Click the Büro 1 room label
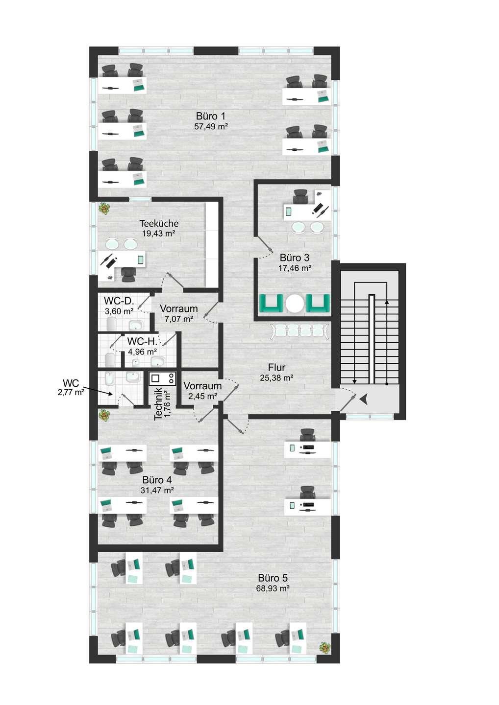[x=211, y=116]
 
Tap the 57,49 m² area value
[x=211, y=126]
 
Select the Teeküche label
[x=159, y=223]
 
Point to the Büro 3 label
[x=295, y=258]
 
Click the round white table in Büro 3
[x=295, y=304]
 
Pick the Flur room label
[x=277, y=367]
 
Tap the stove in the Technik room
[x=162, y=378]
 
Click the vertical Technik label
[x=158, y=404]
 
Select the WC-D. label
[x=119, y=301]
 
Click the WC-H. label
[x=142, y=341]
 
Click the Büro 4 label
[x=157, y=480]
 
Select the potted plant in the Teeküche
[x=104, y=209]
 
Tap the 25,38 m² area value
[x=277, y=377]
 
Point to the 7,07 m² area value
[x=179, y=319]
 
